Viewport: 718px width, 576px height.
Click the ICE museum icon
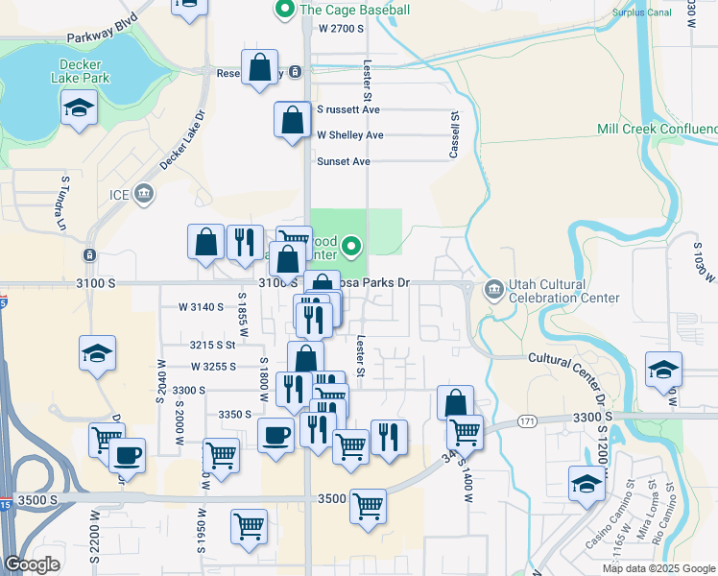pyautogui.click(x=144, y=195)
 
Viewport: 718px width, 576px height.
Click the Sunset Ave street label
pyautogui.click(x=344, y=161)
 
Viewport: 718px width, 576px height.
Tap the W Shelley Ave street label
pyautogui.click(x=350, y=135)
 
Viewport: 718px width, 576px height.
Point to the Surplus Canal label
pyautogui.click(x=645, y=12)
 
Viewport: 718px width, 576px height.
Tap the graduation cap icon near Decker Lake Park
pyautogui.click(x=79, y=108)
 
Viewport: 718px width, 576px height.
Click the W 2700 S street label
pyautogui.click(x=341, y=29)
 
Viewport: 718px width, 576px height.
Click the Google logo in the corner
pyautogui.click(x=32, y=564)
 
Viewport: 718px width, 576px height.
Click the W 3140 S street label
pyautogui.click(x=202, y=307)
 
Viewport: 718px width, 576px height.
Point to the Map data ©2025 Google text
pyautogui.click(x=658, y=568)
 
